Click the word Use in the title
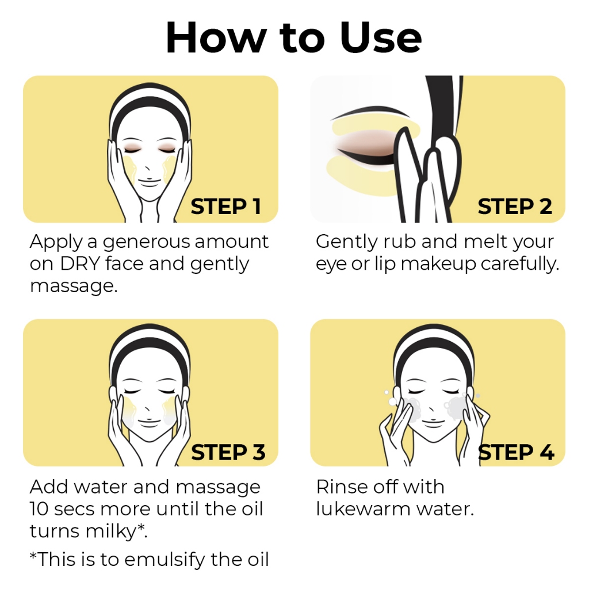tap(381, 37)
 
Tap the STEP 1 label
tap(225, 206)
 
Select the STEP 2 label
tap(515, 206)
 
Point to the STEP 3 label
tap(228, 452)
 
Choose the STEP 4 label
tap(516, 452)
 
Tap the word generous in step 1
tap(147, 242)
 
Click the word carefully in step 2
tap(520, 265)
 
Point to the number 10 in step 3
tap(39, 509)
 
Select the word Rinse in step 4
tap(342, 487)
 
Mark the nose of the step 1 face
tap(148, 168)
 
